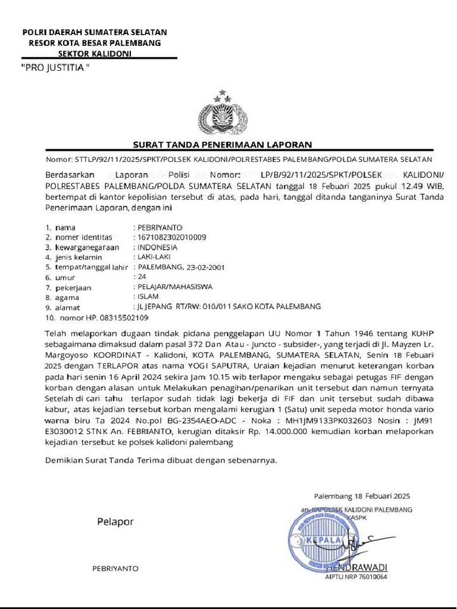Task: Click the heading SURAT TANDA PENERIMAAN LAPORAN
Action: [222, 145]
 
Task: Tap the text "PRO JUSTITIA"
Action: [55, 67]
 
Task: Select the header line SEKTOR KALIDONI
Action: [95, 53]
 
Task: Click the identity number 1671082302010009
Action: [172, 237]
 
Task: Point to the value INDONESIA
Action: [157, 247]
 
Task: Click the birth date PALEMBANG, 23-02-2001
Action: [181, 267]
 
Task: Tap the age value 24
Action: [142, 277]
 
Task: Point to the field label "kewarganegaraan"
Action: [87, 247]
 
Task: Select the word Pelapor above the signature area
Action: [115, 522]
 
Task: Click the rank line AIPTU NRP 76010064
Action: [356, 576]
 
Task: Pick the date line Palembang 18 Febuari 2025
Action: [362, 496]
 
